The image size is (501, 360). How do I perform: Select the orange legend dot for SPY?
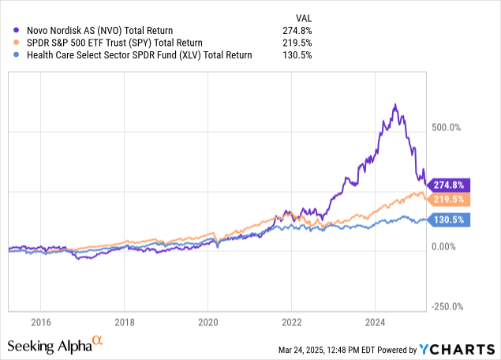point(17,43)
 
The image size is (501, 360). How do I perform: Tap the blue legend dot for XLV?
point(17,55)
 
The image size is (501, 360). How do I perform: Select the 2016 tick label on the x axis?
point(40,321)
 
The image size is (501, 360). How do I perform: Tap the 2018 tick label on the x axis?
point(124,321)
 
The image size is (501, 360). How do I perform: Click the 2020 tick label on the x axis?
point(208,321)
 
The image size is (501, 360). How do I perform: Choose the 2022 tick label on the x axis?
point(291,321)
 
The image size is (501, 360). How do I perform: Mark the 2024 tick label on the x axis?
point(375,321)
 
